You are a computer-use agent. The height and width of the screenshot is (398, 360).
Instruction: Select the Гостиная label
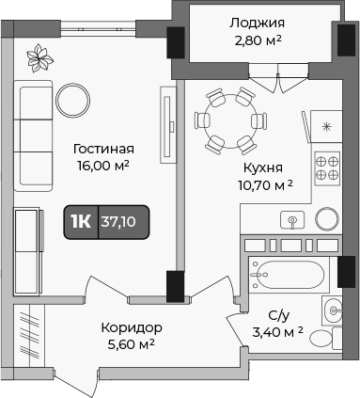click(102, 149)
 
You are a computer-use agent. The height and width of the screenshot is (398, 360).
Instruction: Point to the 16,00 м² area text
click(102, 166)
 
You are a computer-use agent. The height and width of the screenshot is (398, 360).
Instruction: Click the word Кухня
click(264, 167)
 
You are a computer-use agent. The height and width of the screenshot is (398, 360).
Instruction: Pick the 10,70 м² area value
click(264, 184)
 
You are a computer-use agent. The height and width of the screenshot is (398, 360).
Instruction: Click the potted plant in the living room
click(40, 58)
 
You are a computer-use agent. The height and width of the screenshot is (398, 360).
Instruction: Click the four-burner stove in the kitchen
click(326, 167)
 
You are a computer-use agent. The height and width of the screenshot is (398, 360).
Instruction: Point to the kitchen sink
click(292, 219)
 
